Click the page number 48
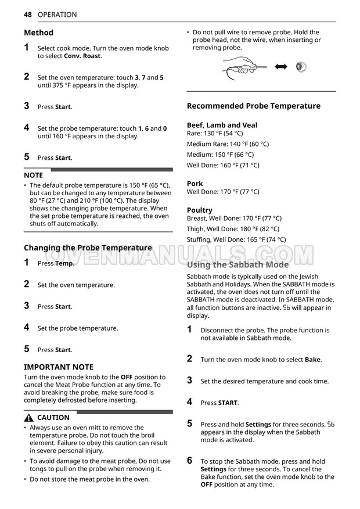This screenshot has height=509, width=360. (28, 15)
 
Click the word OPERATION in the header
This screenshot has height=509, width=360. (57, 15)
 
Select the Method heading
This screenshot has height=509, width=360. (38, 33)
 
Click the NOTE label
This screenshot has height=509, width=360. (33, 175)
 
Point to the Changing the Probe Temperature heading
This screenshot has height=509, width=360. (88, 248)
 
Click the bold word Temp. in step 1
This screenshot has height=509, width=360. (64, 263)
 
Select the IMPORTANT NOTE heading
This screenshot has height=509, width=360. (58, 367)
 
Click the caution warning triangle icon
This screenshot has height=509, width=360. (28, 418)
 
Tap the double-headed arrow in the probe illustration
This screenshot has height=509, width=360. (281, 67)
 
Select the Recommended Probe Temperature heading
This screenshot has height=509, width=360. (253, 106)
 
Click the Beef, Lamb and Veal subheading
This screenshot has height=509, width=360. (222, 125)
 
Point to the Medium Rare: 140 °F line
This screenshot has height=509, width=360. (228, 144)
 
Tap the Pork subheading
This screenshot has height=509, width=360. (195, 184)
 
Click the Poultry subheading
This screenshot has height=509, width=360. (200, 210)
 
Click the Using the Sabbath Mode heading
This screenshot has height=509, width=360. (237, 264)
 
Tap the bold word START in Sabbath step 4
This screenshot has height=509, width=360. (228, 403)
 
